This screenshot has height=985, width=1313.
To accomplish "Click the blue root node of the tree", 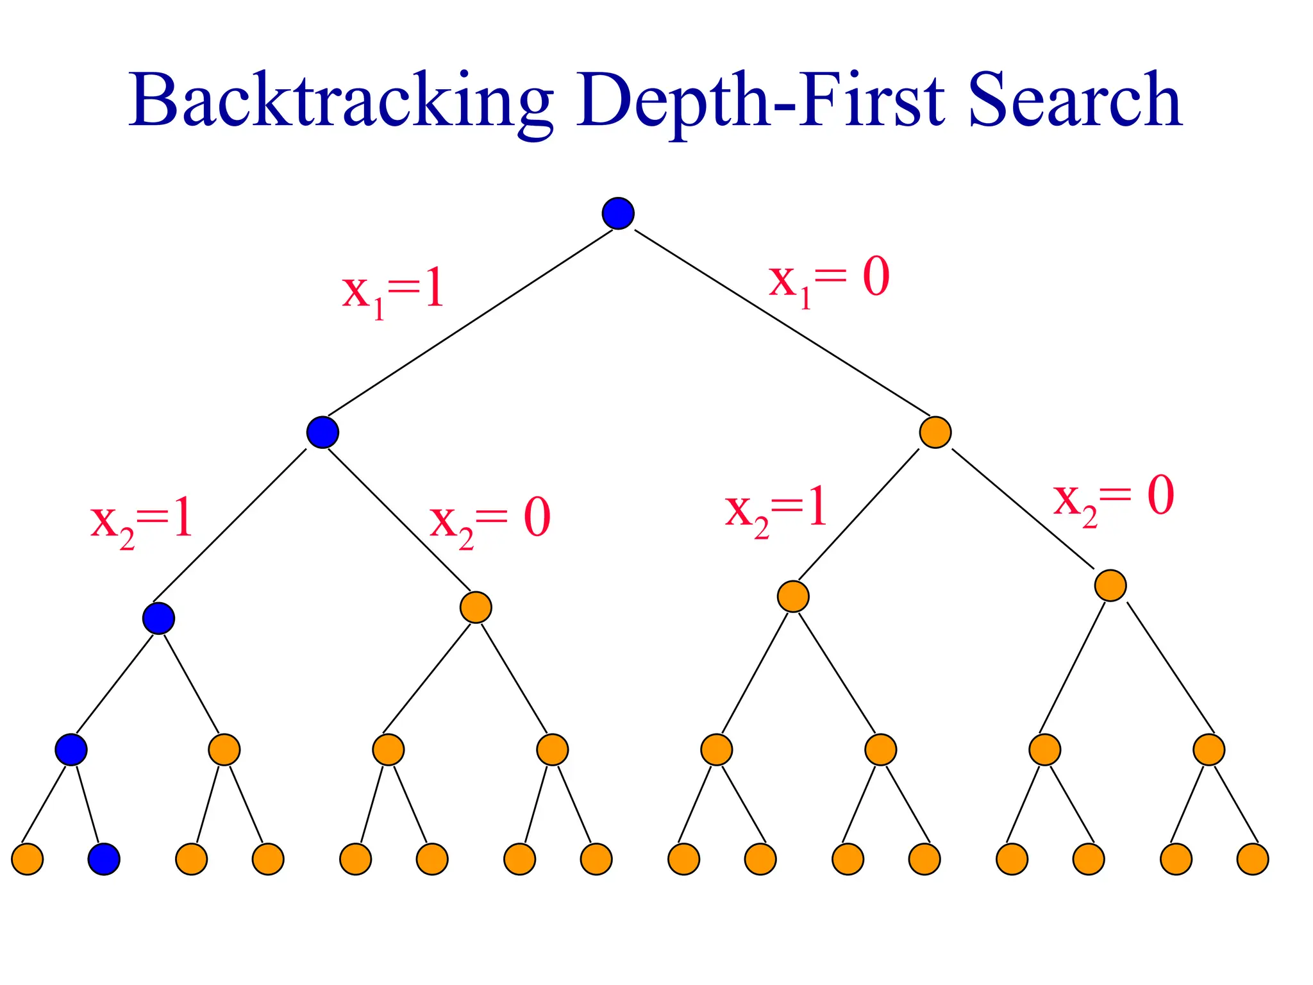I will (x=618, y=213).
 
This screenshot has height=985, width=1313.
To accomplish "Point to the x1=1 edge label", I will (x=393, y=292).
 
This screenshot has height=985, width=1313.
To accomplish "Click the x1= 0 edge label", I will (x=829, y=280).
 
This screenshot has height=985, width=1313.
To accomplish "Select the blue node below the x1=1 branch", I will (x=322, y=432).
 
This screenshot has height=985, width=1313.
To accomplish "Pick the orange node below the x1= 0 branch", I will (x=935, y=432).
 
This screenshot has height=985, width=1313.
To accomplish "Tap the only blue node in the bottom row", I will (x=104, y=859).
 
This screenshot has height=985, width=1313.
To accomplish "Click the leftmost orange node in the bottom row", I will (x=28, y=859).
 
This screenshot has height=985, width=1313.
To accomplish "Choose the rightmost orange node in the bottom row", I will (x=1253, y=859).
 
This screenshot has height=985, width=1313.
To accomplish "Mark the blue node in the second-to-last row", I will (x=71, y=749).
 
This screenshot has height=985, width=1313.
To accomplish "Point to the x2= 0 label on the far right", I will (x=1114, y=500).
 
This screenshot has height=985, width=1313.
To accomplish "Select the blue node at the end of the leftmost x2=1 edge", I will (x=158, y=618).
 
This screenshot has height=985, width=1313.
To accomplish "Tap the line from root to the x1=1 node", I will (x=471, y=323).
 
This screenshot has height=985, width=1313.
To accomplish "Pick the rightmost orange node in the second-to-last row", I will (x=1208, y=749).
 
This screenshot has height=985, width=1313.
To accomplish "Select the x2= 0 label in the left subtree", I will (x=490, y=521).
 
